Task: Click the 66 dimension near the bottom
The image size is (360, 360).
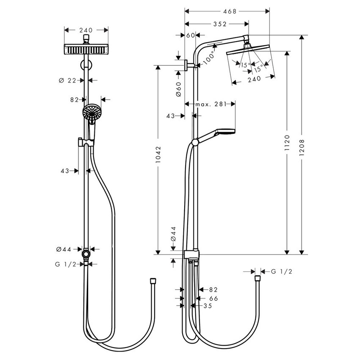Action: [213, 298]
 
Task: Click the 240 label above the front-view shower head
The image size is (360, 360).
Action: [86, 30]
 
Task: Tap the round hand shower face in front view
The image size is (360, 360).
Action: [90, 112]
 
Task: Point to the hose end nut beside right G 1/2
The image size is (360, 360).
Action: [257, 279]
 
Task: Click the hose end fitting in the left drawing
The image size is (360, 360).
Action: [153, 280]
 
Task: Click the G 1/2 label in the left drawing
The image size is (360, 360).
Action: [65, 264]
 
